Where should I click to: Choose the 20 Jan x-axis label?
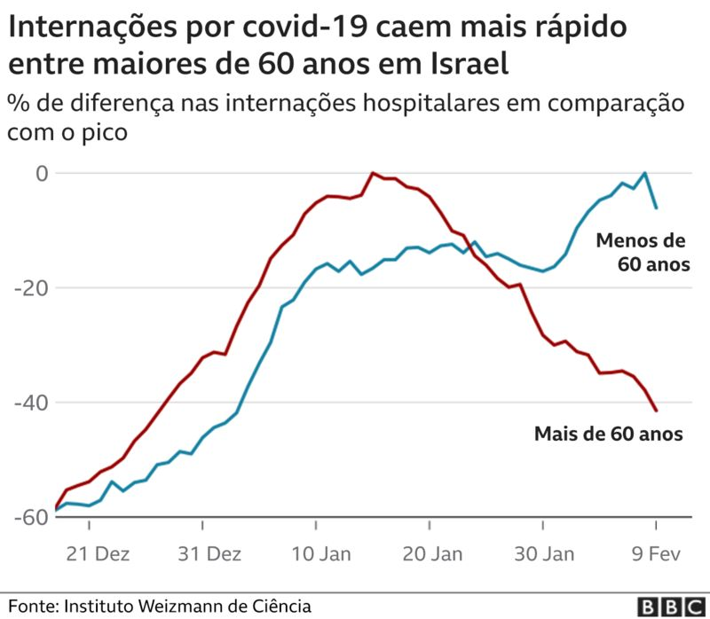[432, 555]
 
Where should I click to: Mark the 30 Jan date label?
[544, 555]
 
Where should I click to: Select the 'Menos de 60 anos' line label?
[641, 253]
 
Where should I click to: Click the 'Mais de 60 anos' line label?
[608, 435]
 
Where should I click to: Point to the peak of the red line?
[373, 173]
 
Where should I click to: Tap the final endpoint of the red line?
[656, 411]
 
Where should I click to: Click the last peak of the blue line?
[645, 173]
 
